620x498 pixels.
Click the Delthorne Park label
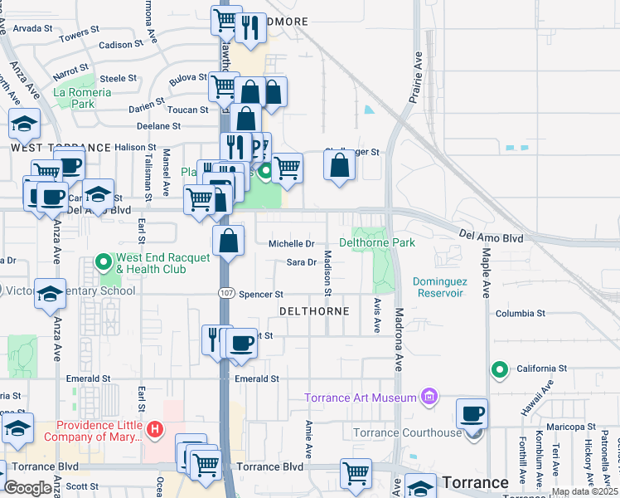(376, 243)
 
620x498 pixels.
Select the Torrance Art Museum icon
(429, 398)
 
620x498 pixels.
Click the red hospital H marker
(154, 429)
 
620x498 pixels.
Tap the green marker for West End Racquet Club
(104, 262)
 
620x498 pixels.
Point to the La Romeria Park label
(82, 98)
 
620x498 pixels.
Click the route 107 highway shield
(225, 293)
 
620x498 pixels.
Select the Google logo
(27, 488)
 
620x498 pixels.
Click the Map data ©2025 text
(584, 491)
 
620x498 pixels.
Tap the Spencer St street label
(261, 295)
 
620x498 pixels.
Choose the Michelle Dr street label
(291, 244)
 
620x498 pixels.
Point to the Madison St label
(327, 273)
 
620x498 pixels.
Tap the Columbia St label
(521, 314)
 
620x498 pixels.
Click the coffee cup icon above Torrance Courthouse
(472, 413)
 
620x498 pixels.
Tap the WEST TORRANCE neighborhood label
(61, 148)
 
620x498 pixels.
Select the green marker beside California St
(499, 369)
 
